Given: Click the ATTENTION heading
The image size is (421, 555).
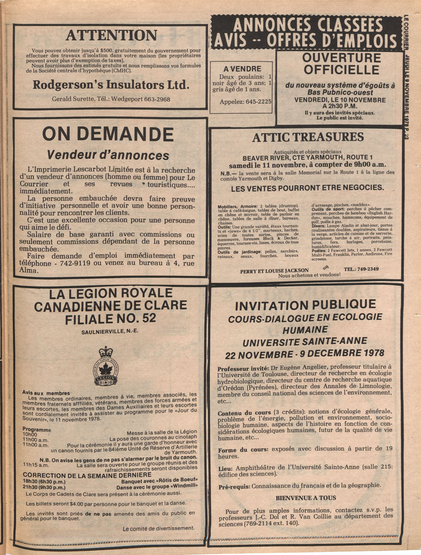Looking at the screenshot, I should [x=111, y=36].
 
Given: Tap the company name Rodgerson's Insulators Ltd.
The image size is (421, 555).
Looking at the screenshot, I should [x=111, y=85].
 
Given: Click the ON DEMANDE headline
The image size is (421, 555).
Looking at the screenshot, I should [x=108, y=134].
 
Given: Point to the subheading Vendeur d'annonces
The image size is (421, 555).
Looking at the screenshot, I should [x=108, y=155].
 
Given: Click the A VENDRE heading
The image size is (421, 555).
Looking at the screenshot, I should [x=242, y=69].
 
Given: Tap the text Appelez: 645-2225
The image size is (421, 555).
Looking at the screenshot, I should [x=245, y=102].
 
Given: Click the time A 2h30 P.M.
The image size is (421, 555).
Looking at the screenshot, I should [x=340, y=106].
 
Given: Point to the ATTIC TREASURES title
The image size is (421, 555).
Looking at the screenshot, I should [x=308, y=137].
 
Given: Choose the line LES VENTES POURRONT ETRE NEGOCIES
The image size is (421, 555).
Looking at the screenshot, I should [x=308, y=188].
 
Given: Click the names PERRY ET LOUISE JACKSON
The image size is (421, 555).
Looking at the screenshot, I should [x=274, y=271].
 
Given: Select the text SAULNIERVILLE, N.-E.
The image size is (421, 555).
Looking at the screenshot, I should [x=110, y=332].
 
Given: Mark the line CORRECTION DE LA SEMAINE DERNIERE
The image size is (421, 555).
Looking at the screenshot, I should [x=87, y=475].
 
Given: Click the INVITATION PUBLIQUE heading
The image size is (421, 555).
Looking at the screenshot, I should [x=305, y=305].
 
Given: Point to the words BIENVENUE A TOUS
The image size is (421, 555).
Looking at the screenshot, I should [x=306, y=498].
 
